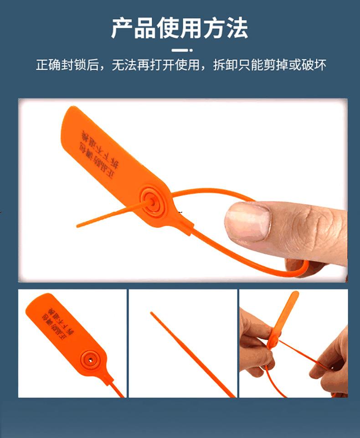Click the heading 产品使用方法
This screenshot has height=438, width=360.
[x=180, y=28]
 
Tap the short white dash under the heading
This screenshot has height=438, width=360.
[x=180, y=50]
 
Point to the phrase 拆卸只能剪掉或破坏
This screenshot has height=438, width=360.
[x=270, y=65]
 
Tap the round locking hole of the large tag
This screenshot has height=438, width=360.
[x=150, y=199]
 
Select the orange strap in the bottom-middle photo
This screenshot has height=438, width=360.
[x=191, y=353]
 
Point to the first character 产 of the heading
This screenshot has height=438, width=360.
[x=123, y=28]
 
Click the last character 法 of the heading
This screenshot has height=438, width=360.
[x=237, y=28]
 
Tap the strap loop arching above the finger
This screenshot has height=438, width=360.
[x=210, y=192]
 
